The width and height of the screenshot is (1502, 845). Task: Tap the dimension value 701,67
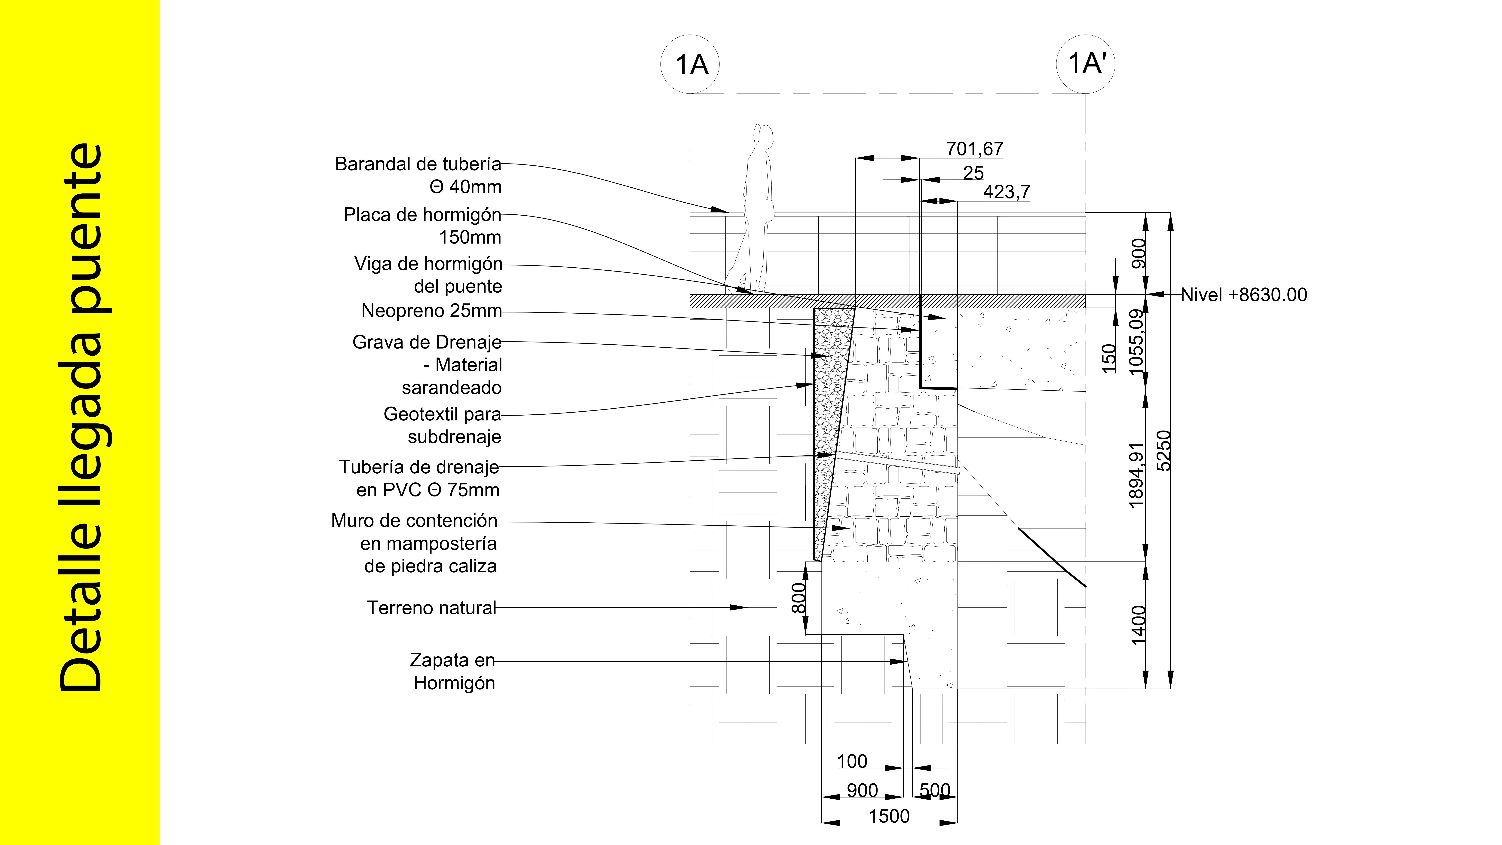[974, 149]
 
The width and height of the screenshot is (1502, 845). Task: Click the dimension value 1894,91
[1137, 475]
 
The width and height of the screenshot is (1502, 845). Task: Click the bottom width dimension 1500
[889, 816]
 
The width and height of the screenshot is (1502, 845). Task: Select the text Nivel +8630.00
[1244, 295]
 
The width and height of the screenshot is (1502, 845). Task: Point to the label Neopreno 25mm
[431, 311]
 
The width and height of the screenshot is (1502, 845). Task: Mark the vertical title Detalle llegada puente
[82, 417]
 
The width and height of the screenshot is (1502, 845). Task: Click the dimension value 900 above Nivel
[1138, 254]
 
